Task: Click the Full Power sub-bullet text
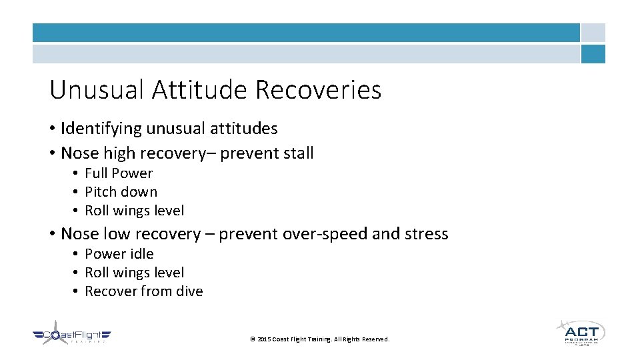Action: pos(119,173)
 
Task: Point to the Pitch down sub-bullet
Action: pos(121,192)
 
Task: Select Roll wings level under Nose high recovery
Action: pos(134,211)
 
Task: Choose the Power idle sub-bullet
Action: pos(119,254)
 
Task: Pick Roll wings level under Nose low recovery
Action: pos(134,273)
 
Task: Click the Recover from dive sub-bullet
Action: pos(143,291)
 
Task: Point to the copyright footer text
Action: pos(319,339)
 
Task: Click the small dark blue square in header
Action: pos(593,54)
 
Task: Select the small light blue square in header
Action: pos(593,33)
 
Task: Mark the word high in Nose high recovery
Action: pos(119,153)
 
